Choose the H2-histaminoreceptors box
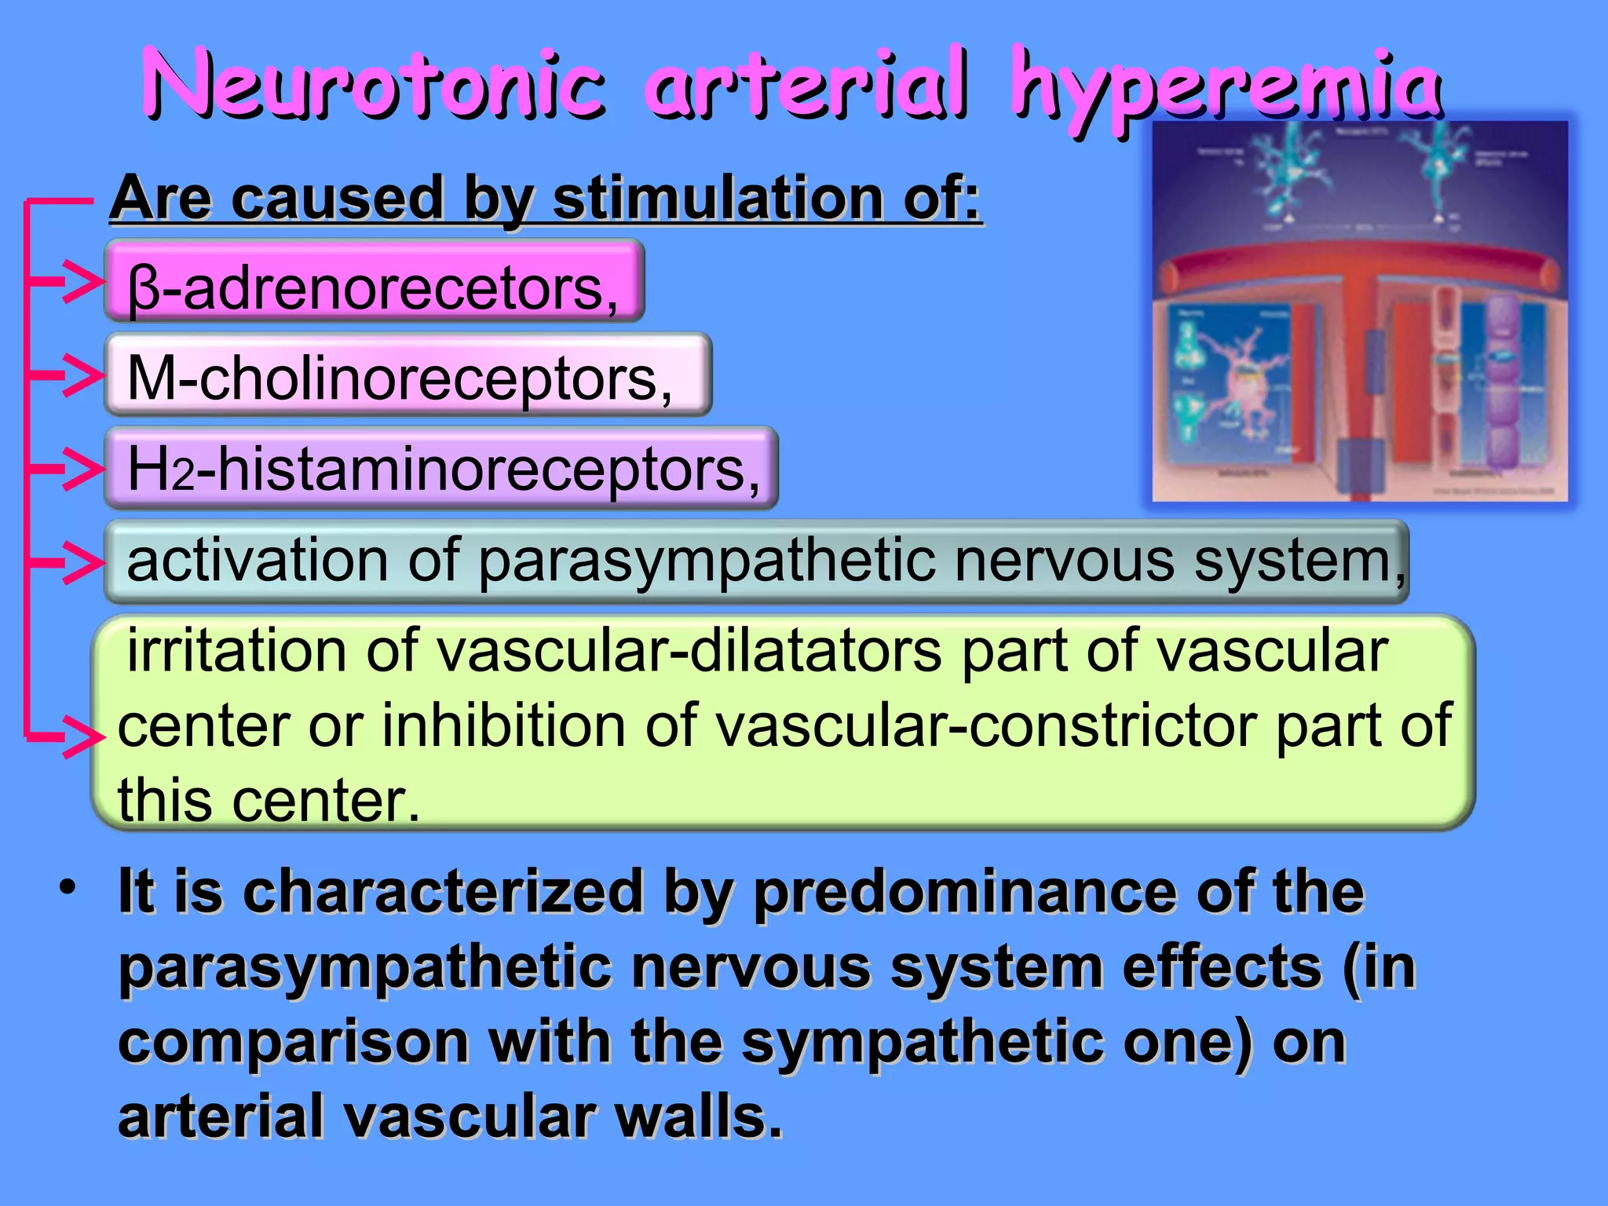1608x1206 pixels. click(441, 469)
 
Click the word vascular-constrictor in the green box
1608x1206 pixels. click(989, 725)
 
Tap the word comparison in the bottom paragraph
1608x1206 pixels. click(293, 1043)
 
